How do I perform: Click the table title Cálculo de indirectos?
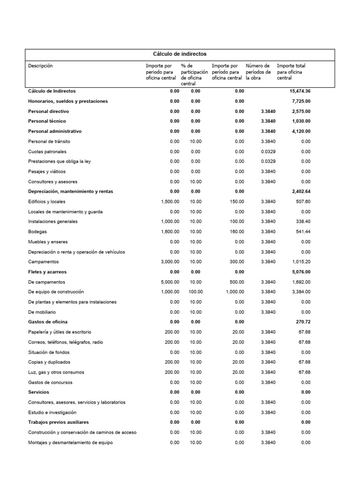[x=180, y=54]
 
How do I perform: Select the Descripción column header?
[x=40, y=66]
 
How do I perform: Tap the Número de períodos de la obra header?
[x=258, y=72]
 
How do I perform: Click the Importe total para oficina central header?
[x=291, y=72]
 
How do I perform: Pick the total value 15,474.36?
[x=300, y=91]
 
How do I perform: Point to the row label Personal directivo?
[x=48, y=112]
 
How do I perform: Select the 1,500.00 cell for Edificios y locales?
[x=170, y=202]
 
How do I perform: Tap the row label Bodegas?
[x=37, y=232]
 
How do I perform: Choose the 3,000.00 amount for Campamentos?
[x=170, y=262]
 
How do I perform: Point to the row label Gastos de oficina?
[x=47, y=322]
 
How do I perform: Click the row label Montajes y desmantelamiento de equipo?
[x=70, y=442]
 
